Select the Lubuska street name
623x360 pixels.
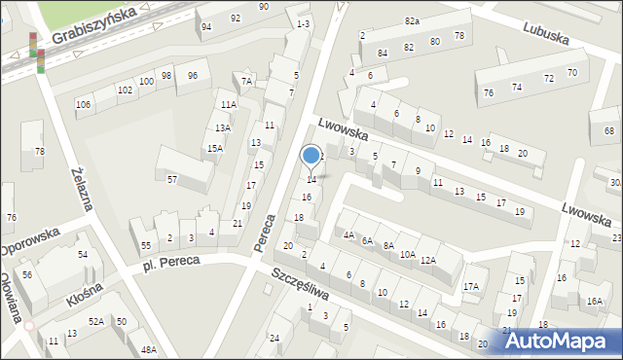[x=545, y=34]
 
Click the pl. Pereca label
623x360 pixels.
[x=170, y=262]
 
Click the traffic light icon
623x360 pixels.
[x=38, y=52]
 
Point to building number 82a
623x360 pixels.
[x=412, y=21]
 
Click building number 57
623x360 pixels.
[x=172, y=180]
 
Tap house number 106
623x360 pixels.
[x=84, y=104]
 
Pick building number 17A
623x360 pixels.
[x=471, y=286]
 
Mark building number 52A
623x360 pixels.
[x=96, y=321]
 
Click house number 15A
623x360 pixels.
[x=214, y=149]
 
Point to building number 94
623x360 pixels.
[x=206, y=27]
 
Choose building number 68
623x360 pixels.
[x=609, y=130]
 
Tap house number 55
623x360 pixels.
[x=146, y=246]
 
